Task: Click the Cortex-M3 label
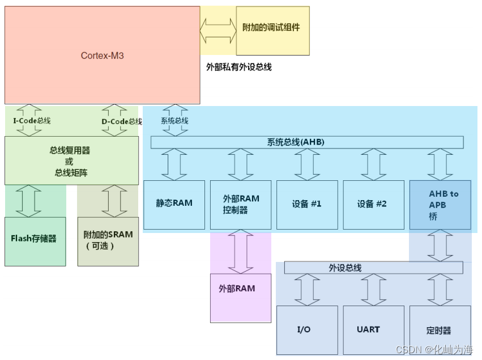102,56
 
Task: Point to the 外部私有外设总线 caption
238,67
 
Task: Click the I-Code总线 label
32,121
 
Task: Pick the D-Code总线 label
121,121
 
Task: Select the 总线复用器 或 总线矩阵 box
71,160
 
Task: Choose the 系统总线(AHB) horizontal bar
307,142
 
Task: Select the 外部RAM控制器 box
241,205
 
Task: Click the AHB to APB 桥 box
440,205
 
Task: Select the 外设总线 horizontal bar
373,268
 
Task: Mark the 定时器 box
440,330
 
